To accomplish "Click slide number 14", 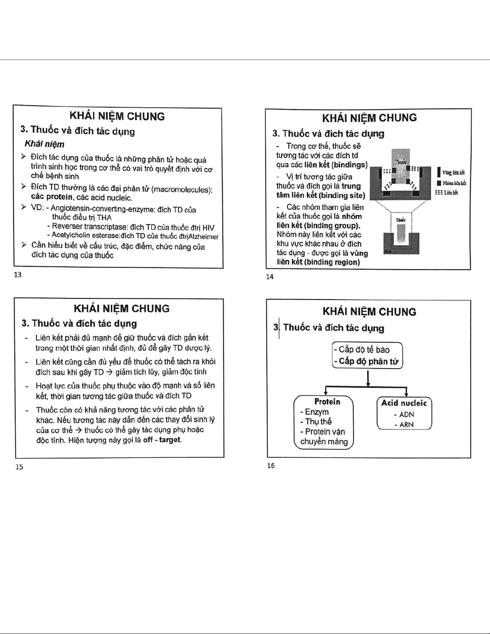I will tap(270, 276).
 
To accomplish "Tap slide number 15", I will tap(19, 467).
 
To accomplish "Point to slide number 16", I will tap(271, 466).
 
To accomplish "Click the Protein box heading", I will tap(327, 402).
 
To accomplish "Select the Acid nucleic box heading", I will tap(404, 403).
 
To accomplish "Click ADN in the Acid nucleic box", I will tap(406, 414).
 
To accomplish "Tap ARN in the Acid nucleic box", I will tap(406, 424).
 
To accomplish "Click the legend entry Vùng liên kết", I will tap(453, 173).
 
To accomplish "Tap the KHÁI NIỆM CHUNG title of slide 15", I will tap(122, 308).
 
